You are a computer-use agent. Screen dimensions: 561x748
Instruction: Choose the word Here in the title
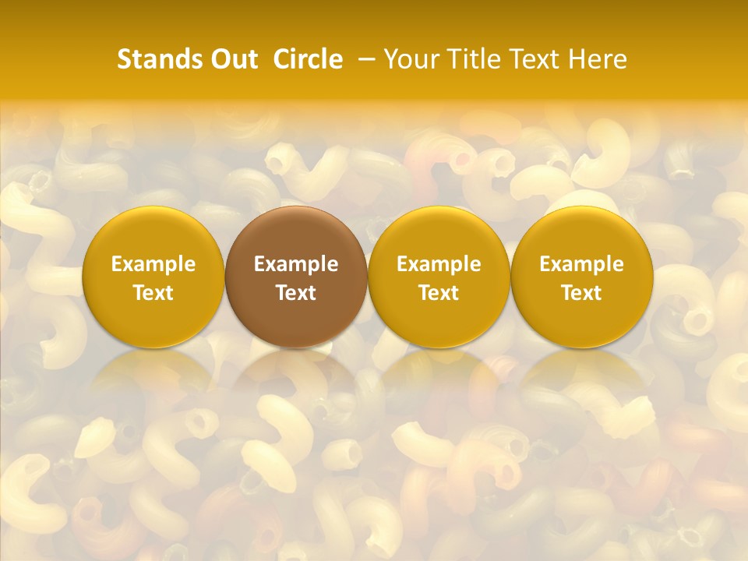[x=598, y=59]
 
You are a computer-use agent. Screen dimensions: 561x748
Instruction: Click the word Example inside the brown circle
[x=296, y=264]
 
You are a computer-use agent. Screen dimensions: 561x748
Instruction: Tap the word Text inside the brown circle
[x=296, y=293]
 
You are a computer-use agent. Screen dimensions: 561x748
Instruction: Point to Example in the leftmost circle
[x=153, y=264]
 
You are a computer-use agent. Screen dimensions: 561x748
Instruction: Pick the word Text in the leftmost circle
[x=153, y=293]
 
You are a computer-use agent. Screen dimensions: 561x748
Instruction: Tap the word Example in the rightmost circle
[x=581, y=264]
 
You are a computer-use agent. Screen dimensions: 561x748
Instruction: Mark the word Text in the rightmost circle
[x=581, y=293]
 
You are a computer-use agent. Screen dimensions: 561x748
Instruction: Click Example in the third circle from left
[x=439, y=264]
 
